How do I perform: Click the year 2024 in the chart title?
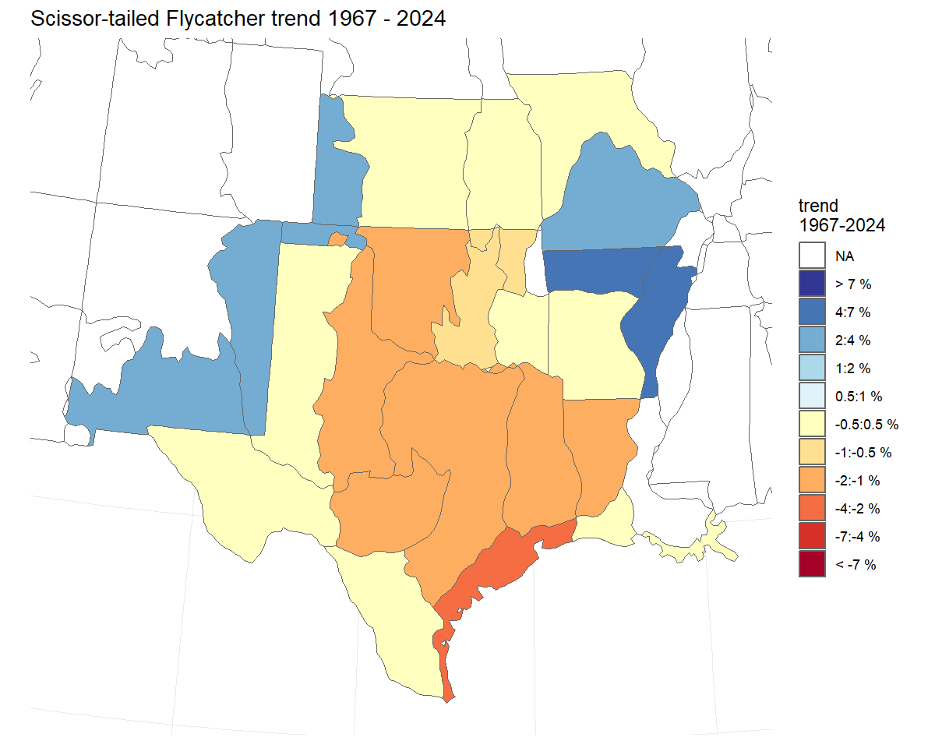pos(421,19)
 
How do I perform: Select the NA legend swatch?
pos(812,256)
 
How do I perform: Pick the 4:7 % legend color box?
pos(812,312)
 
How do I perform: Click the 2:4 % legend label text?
pos(852,340)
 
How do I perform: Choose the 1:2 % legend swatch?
pos(812,368)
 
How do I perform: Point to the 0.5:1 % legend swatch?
pos(812,396)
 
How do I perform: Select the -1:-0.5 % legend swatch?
pos(812,452)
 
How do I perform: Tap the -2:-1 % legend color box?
pos(812,480)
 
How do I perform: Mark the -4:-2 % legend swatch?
pos(812,508)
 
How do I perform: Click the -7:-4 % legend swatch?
pos(812,536)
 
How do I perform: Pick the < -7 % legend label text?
pos(856,565)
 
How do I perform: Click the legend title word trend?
pos(818,206)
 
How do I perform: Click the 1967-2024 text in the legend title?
pos(841,226)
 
